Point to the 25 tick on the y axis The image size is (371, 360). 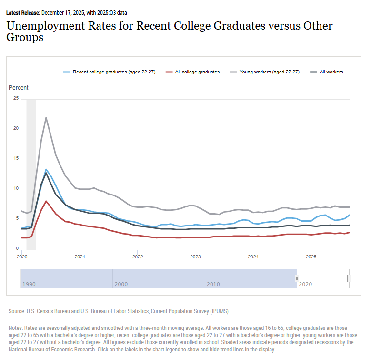16,99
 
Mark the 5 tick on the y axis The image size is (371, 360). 17,219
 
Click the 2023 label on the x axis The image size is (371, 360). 195,257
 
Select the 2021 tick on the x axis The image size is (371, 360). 80,257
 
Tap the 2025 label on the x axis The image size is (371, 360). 311,257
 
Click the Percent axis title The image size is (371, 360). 19,88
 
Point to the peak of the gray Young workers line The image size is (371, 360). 46,117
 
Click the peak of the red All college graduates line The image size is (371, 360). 46,201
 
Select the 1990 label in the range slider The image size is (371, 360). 29,284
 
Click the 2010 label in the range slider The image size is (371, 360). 213,284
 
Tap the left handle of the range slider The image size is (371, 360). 297,278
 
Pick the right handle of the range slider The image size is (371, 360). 349,278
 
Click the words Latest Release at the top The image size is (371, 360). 23,13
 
